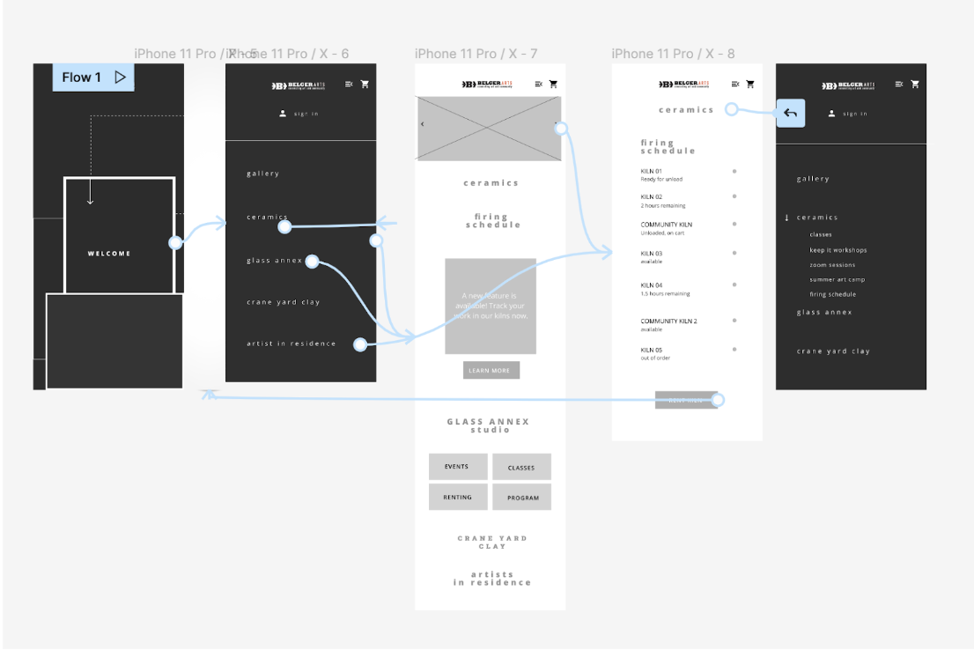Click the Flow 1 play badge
[x=93, y=78]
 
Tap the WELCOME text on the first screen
[x=109, y=254]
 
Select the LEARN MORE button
[x=491, y=371]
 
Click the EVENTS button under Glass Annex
[x=457, y=467]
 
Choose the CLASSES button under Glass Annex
[x=521, y=468]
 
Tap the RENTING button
[x=457, y=498]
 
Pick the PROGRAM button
[x=522, y=498]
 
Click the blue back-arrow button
[x=790, y=113]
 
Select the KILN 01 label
[x=652, y=171]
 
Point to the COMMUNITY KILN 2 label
[x=668, y=321]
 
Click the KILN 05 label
[x=652, y=350]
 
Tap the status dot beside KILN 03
[x=734, y=254]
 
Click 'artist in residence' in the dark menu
[x=291, y=343]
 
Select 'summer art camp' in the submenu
[x=837, y=280]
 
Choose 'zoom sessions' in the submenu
[x=832, y=265]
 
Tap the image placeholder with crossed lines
[x=488, y=129]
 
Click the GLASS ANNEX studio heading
[x=488, y=425]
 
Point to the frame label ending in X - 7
[x=476, y=54]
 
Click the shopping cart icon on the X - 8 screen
[x=750, y=85]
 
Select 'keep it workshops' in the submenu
[x=838, y=250]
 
